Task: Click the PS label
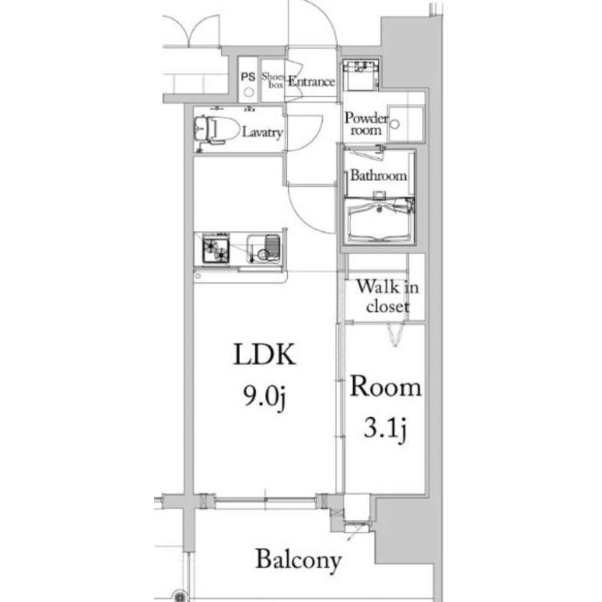click(248, 77)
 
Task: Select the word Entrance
click(311, 81)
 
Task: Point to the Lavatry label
click(262, 132)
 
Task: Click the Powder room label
click(366, 123)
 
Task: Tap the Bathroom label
click(379, 175)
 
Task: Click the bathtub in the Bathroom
click(380, 221)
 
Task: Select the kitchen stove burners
click(216, 249)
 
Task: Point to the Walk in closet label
click(387, 296)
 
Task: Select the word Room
click(385, 387)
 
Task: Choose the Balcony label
click(299, 560)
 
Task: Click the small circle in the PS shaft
click(249, 92)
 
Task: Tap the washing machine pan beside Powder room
click(405, 123)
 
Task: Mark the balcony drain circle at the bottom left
click(179, 595)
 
